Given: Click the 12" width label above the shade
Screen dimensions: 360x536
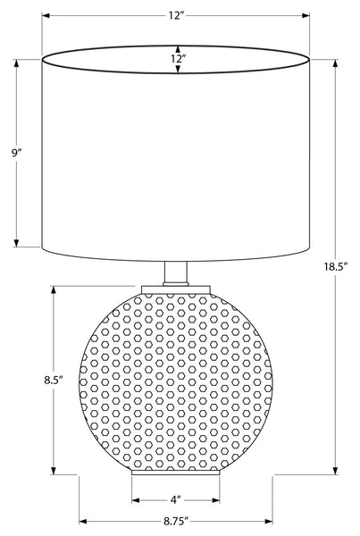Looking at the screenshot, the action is click(x=175, y=16).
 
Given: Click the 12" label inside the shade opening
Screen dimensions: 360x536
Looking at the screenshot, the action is click(x=178, y=58).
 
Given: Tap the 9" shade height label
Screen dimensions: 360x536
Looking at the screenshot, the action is click(x=16, y=153).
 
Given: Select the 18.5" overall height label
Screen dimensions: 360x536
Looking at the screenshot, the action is click(x=336, y=266).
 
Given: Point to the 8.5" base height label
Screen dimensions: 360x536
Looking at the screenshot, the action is click(x=54, y=380).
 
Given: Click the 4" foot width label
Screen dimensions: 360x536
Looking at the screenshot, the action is click(x=175, y=500).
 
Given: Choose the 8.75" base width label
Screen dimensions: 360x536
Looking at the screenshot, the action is click(x=176, y=522).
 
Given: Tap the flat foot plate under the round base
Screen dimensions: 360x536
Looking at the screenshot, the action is click(x=176, y=473).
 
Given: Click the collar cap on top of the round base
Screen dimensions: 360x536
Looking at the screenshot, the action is click(x=176, y=289).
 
